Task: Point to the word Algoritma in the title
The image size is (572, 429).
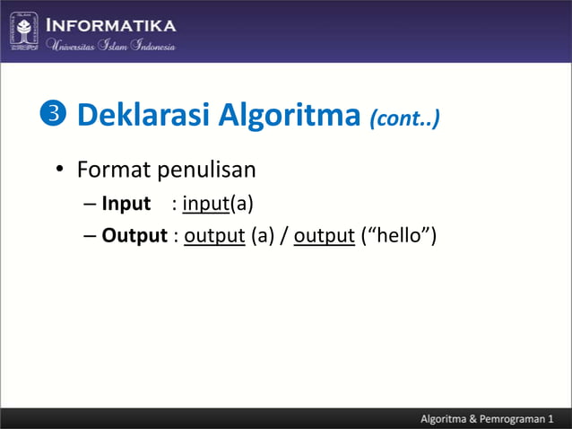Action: [278, 116]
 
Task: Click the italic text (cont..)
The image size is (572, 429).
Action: [404, 118]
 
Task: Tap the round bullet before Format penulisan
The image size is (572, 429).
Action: [59, 170]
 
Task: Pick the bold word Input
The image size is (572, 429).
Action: [126, 204]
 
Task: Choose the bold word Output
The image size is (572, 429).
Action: [134, 236]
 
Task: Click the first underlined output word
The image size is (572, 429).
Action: [214, 237]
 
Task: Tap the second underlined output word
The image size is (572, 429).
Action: [325, 237]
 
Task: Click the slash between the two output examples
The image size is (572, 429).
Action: [284, 237]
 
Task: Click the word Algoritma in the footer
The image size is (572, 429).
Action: [446, 418]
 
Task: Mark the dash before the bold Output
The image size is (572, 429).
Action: [91, 237]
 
